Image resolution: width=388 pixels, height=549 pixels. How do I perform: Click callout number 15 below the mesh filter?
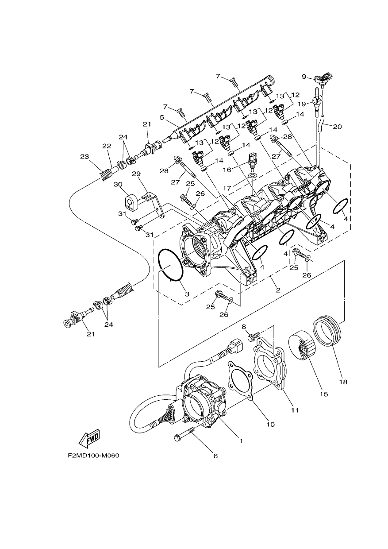[323, 394]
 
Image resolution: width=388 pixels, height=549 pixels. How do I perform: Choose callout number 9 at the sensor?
[304, 77]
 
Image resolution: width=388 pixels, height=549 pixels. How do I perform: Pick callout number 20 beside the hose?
[337, 127]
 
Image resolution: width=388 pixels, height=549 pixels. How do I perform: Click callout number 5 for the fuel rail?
[161, 118]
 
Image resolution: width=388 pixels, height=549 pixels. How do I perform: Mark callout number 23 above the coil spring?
[85, 156]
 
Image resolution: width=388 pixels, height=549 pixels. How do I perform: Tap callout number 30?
[118, 184]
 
